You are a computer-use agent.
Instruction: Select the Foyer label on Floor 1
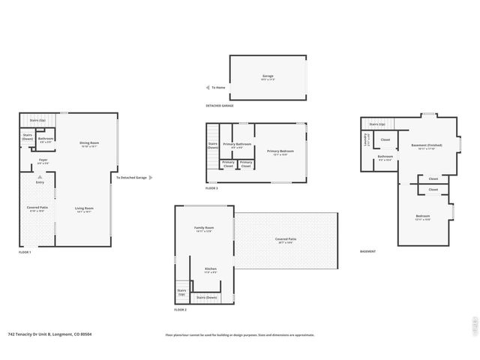pos(43,160)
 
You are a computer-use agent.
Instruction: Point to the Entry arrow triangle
pos(40,177)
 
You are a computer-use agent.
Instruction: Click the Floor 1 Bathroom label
pos(46,139)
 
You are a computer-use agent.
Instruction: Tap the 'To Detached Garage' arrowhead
pos(151,178)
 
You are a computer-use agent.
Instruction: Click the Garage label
pos(268,76)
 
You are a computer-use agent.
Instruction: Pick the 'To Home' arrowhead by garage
pos(208,88)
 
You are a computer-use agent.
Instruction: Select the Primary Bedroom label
pos(280,151)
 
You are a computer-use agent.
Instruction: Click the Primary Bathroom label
pos(236,143)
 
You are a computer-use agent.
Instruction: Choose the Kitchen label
pos(211,268)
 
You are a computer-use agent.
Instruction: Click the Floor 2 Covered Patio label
pos(286,239)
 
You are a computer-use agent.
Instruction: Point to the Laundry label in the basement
pos(365,139)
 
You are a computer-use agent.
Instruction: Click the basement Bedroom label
pos(423,216)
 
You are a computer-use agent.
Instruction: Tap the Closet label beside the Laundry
pos(385,139)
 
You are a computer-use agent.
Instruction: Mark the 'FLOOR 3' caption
pos(211,187)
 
